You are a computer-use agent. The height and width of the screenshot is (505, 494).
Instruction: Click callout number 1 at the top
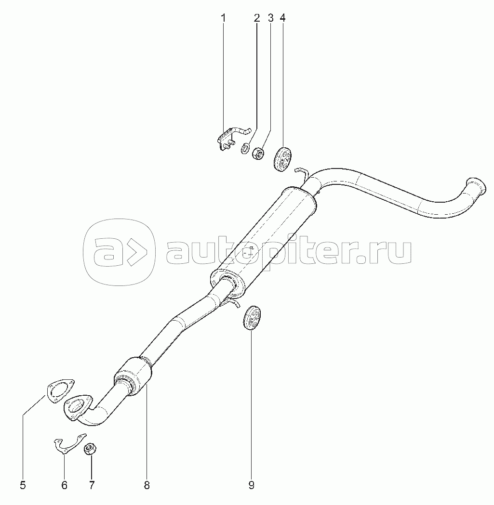coord(223,18)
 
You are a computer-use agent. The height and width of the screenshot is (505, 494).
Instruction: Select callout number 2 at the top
coord(256,18)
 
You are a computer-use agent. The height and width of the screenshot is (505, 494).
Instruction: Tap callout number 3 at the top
coord(270,18)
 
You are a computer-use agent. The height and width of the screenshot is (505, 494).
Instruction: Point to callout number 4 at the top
coord(282,18)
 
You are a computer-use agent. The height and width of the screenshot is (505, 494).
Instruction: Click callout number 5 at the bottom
coord(23,485)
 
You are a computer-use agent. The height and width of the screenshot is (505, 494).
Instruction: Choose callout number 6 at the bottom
coord(64,485)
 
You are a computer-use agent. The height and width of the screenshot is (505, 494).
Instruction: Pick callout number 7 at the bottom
coord(92,485)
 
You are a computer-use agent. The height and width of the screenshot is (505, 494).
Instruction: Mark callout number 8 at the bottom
coord(147,485)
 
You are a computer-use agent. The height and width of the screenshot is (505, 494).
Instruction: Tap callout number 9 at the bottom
coord(251,485)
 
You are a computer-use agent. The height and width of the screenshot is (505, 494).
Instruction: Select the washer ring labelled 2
coord(245,148)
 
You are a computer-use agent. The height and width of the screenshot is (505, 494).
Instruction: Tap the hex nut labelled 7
coord(90,449)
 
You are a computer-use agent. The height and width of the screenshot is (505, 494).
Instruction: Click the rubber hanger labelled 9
coord(252,318)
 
